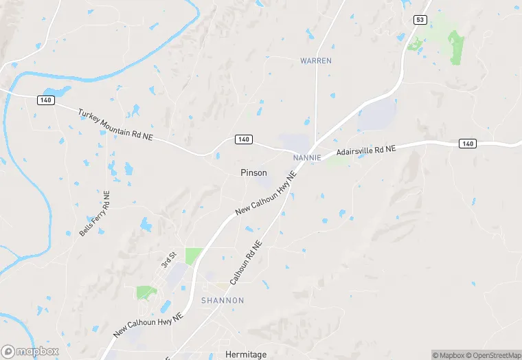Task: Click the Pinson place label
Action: (253, 172)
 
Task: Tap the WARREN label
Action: (316, 60)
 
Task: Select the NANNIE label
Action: (307, 157)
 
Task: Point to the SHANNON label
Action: (222, 301)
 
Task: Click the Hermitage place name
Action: (245, 355)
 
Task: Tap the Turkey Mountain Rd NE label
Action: (115, 126)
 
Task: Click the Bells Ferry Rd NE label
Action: (94, 214)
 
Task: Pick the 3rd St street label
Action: (168, 260)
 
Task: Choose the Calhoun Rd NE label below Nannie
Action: (246, 263)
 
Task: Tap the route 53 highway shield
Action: (420, 20)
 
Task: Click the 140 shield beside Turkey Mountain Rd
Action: (45, 100)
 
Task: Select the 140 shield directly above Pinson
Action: (243, 139)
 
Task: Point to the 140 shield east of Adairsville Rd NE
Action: (467, 144)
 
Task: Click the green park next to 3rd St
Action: (193, 256)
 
